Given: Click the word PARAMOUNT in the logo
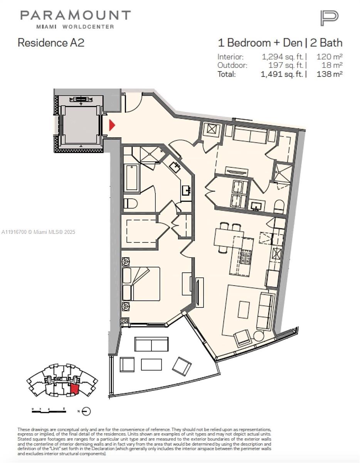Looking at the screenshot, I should click(76, 15).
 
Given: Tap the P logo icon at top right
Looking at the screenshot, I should click(329, 18).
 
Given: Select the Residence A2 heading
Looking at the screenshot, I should click(51, 42).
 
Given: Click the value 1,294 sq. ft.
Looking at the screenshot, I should click(284, 57).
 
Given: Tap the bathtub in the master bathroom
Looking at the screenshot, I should click(131, 177).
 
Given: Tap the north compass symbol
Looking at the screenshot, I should click(86, 411).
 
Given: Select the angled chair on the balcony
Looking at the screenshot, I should click(182, 365).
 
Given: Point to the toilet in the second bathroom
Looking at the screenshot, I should click(279, 206).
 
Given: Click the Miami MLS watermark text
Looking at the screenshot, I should click(39, 232).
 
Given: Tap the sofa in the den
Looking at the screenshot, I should click(250, 135).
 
